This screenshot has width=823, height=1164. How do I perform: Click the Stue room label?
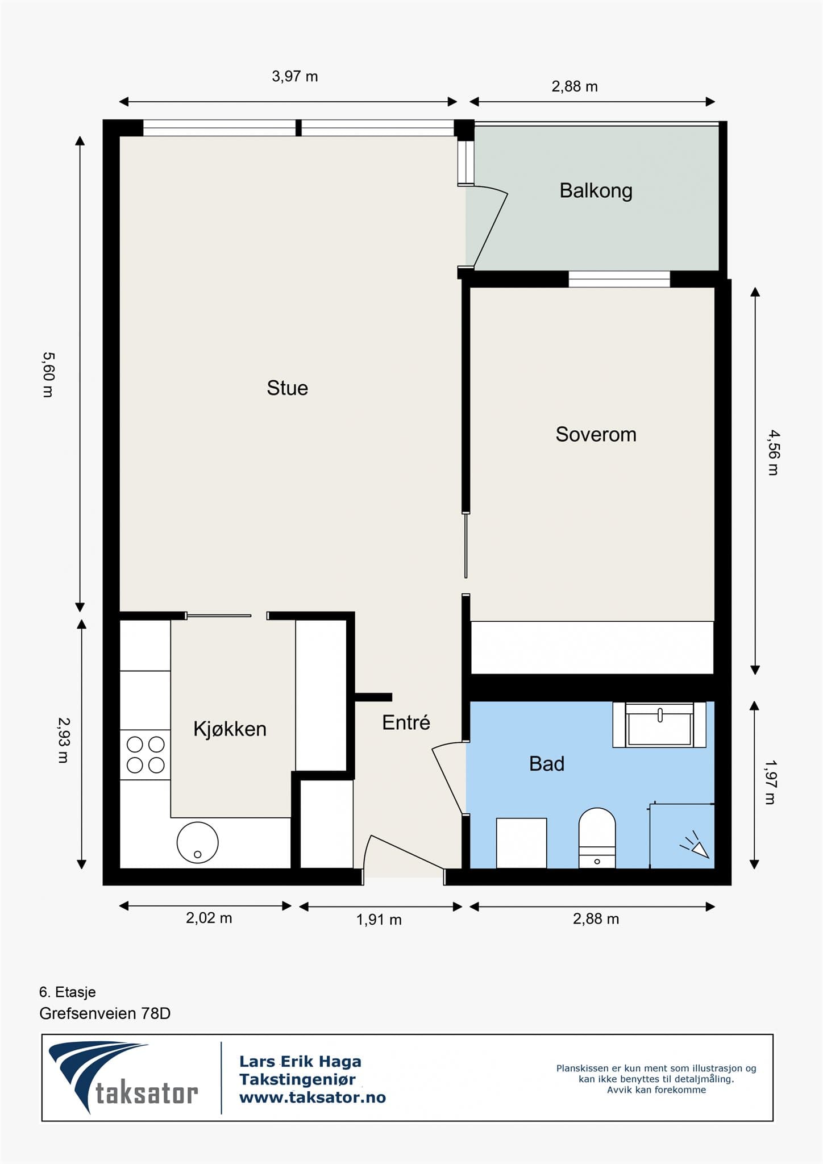[287, 388]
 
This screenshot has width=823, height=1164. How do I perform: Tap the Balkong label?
[596, 191]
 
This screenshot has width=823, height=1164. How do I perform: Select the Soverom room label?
[596, 434]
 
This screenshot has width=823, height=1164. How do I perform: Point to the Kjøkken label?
[230, 729]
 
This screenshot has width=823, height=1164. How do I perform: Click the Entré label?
[406, 722]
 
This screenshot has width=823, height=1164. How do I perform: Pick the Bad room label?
[547, 764]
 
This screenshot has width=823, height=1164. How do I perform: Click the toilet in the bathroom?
[597, 838]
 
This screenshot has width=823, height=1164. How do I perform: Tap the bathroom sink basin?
[659, 725]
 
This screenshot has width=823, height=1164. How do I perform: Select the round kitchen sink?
[197, 842]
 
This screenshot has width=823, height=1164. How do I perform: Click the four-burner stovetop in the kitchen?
[145, 755]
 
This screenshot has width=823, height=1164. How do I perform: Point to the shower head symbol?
[696, 845]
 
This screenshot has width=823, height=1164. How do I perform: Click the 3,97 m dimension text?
[294, 76]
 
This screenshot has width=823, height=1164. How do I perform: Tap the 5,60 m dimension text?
[48, 375]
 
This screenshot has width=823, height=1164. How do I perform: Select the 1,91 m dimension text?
[379, 919]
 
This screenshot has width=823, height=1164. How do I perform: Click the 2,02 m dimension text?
[209, 918]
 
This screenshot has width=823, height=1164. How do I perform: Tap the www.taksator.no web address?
[313, 1098]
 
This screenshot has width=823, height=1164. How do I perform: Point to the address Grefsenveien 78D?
[105, 1013]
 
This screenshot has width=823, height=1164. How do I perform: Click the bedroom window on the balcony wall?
[619, 279]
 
